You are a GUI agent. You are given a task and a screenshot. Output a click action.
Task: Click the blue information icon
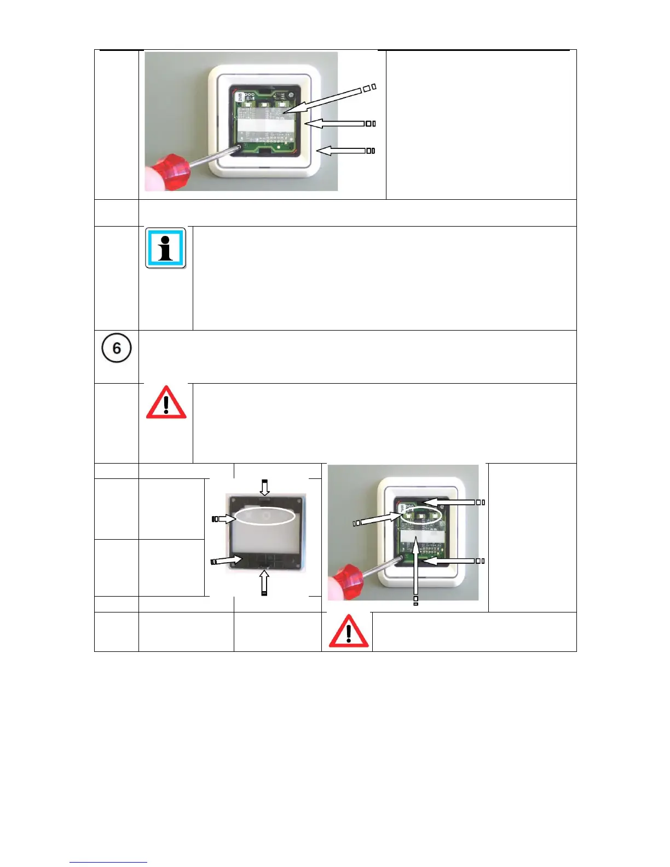(x=165, y=248)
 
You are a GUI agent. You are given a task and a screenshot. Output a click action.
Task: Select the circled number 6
(x=117, y=348)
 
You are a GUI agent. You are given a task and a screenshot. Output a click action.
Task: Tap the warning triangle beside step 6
(x=166, y=403)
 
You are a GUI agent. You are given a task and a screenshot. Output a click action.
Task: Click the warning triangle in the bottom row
(x=348, y=631)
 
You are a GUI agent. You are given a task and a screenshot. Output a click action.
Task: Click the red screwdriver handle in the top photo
(x=170, y=170)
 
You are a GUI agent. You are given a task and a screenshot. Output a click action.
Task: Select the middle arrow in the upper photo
(x=335, y=124)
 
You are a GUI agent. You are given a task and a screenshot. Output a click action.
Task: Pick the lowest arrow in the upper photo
(x=342, y=151)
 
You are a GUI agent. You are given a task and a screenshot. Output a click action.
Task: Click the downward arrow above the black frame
(x=264, y=487)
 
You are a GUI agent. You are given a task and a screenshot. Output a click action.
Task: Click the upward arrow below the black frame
(x=264, y=582)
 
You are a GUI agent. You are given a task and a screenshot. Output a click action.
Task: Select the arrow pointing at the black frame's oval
(x=224, y=518)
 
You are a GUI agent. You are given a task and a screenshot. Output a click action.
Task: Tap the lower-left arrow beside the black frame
(x=227, y=560)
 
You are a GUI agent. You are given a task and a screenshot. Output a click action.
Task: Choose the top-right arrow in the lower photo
(x=450, y=501)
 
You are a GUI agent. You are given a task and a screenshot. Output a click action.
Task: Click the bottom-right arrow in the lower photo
(x=450, y=561)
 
